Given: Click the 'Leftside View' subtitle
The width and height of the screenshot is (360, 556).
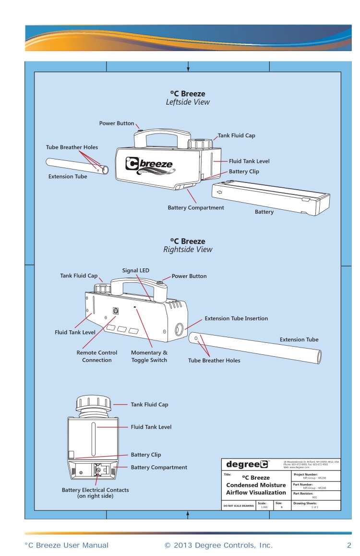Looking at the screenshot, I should click(188, 102).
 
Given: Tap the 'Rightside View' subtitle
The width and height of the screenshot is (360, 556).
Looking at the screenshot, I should click(188, 250).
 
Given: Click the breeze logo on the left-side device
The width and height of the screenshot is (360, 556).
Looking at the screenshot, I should click(149, 165).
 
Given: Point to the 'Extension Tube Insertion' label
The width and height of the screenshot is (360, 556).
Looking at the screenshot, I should click(236, 318).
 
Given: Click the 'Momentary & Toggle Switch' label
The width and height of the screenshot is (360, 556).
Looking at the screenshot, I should click(149, 356).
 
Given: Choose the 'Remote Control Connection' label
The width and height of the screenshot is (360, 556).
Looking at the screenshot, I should click(97, 356).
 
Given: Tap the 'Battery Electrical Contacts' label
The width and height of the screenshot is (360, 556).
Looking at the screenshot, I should click(95, 493).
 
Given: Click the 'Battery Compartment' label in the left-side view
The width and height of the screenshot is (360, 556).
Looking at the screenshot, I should click(195, 208).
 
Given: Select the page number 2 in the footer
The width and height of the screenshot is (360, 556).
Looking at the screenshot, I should click(349, 545).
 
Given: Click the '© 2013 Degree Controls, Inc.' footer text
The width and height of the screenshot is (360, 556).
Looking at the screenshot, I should click(218, 545).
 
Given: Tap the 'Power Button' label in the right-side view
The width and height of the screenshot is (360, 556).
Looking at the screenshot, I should click(189, 276).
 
